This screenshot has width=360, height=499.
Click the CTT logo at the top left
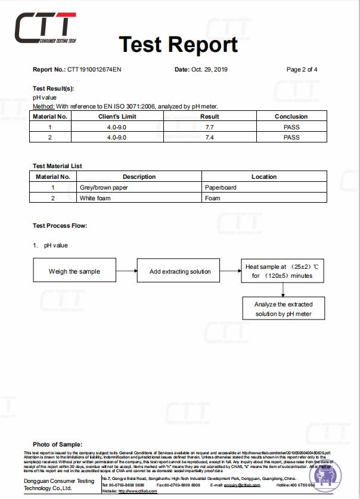coord(45,28)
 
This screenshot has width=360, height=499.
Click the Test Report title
coord(178,44)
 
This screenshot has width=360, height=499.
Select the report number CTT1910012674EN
coord(95,70)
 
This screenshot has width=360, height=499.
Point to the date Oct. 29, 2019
coord(209,70)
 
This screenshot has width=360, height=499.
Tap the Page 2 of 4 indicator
coord(302,70)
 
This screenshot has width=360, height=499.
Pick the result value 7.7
coord(209,127)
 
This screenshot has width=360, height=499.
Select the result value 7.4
coord(209,138)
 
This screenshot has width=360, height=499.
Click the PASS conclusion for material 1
coord(291,127)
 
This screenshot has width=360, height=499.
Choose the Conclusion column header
coord(291,117)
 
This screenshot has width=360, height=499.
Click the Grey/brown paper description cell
coord(104,187)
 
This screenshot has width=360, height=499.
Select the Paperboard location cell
coord(220,187)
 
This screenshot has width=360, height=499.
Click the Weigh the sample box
coord(75,271)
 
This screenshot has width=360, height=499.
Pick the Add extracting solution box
coord(179,271)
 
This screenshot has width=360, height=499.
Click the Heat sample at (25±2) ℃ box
coord(282,271)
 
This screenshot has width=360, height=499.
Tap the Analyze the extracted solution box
coord(283,309)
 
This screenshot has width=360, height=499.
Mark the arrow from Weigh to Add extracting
coord(127,271)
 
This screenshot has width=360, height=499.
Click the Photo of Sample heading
coord(57,445)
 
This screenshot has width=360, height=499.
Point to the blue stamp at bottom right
coord(327,476)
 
